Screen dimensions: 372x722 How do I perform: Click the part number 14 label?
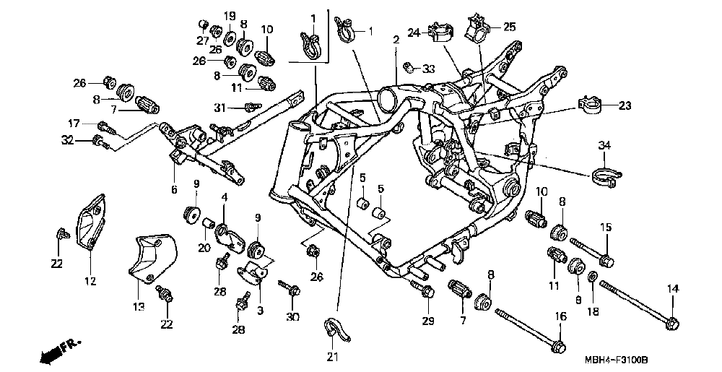(x=673, y=289)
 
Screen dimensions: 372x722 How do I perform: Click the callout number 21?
(x=332, y=356)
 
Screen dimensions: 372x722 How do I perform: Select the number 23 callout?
(x=623, y=105)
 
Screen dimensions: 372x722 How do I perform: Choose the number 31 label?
(x=221, y=108)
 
